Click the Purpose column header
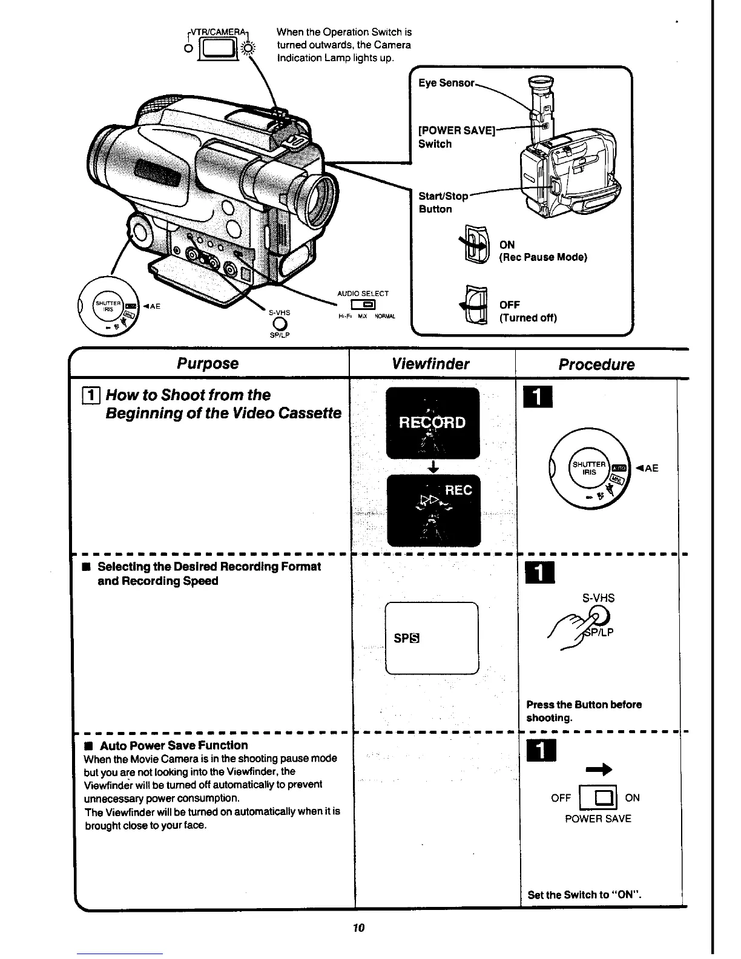[208, 364]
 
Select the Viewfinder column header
[430, 364]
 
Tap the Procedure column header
[596, 365]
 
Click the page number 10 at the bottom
[358, 928]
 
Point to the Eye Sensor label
[446, 83]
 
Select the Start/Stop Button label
[443, 203]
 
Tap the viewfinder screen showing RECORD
[432, 423]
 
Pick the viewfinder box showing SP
[431, 638]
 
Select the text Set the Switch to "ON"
[584, 895]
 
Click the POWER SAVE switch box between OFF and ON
[598, 797]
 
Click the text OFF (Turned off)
[527, 311]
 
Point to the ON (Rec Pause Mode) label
[542, 251]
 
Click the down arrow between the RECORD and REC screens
[432, 467]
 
